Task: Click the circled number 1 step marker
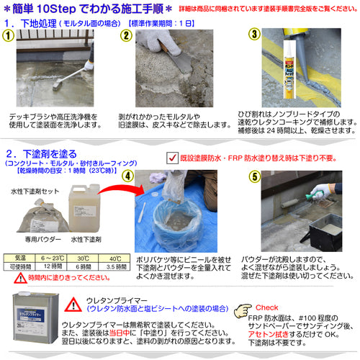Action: coord(9,35)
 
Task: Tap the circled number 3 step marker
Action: coord(253,35)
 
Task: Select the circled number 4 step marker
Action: coord(127,176)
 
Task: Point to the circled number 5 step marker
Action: coord(253,176)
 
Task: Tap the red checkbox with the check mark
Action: coord(171,157)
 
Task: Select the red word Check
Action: coord(267,306)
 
